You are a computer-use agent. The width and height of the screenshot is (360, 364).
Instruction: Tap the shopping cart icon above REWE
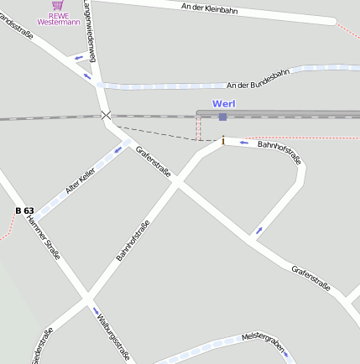tap(57, 5)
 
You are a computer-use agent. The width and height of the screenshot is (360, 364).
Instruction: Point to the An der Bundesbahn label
tap(258, 79)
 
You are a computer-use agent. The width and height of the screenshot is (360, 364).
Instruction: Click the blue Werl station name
tap(223, 103)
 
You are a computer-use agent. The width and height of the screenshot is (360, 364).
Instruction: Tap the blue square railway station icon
tap(222, 117)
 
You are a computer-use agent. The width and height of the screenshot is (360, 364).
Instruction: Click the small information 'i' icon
tap(222, 141)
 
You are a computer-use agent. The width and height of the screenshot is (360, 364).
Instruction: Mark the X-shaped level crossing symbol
tap(105, 116)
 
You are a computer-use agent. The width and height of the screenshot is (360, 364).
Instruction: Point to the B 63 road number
tap(24, 210)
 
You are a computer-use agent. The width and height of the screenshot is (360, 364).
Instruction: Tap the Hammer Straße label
tap(44, 237)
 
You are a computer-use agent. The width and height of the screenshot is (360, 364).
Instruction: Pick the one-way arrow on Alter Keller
tap(117, 149)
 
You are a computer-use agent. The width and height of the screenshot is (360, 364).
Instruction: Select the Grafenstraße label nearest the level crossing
tap(154, 161)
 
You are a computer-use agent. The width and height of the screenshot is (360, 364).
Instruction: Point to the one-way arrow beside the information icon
tap(244, 143)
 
